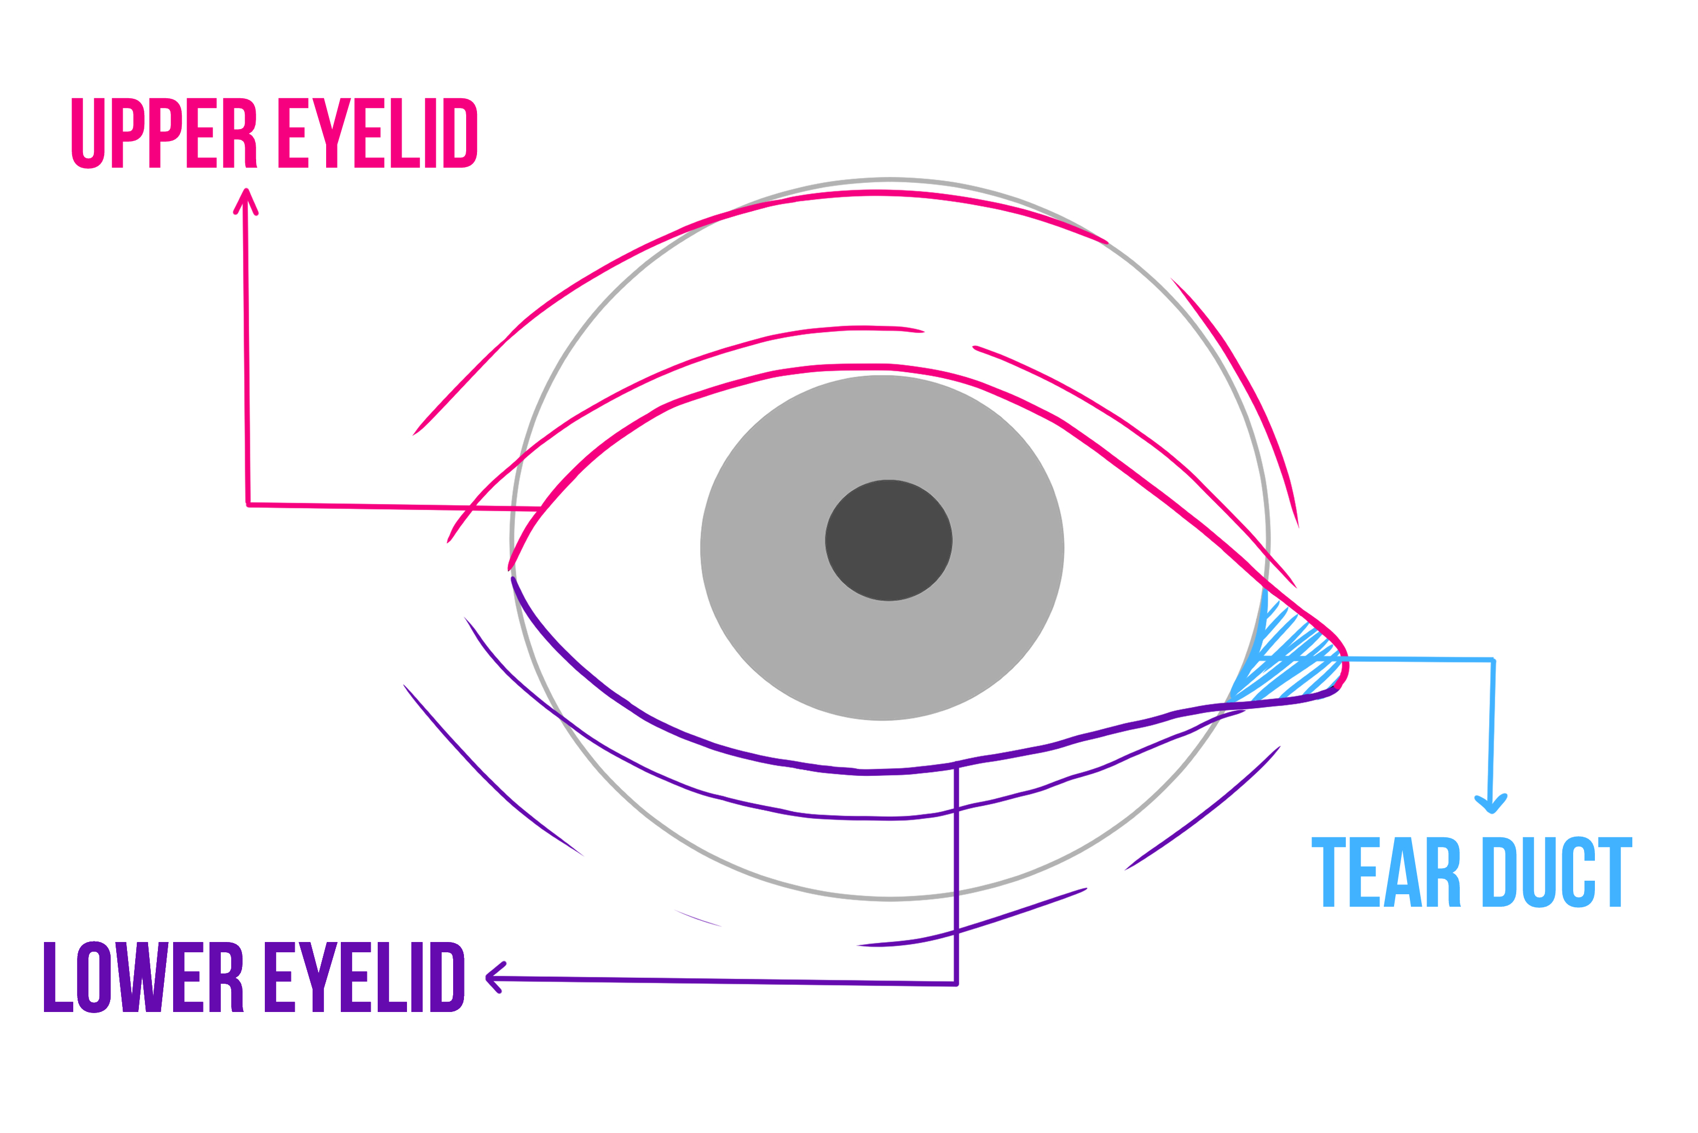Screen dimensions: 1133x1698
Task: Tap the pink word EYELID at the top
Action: (x=377, y=133)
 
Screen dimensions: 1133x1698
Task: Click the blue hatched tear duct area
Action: (x=1293, y=661)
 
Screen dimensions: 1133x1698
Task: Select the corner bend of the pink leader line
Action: (x=248, y=504)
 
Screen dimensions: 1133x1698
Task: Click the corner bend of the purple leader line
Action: (x=956, y=983)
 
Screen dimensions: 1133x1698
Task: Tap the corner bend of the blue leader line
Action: (x=1493, y=660)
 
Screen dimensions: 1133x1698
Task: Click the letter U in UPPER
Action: (x=88, y=133)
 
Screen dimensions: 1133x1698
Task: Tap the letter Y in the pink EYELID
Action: (x=332, y=133)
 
